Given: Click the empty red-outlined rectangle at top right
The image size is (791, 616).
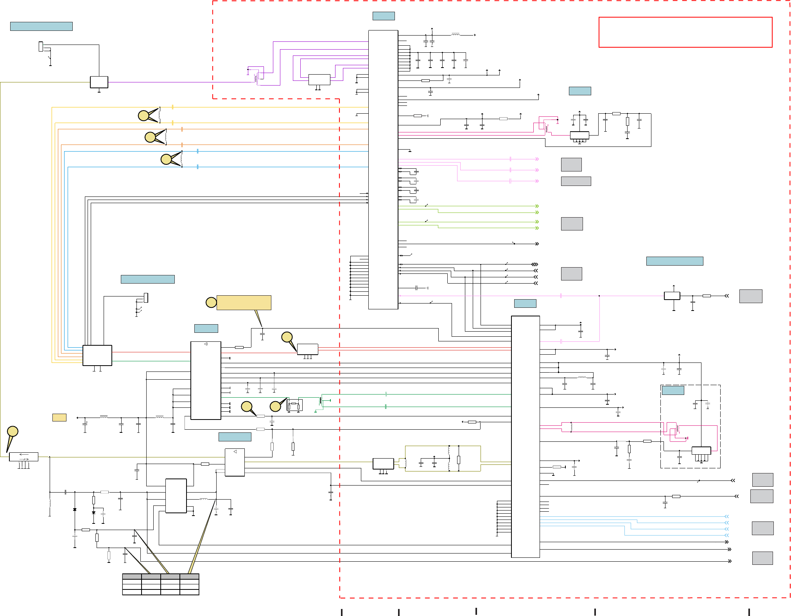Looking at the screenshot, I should (x=685, y=32).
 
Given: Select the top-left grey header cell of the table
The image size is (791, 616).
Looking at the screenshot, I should (x=132, y=576).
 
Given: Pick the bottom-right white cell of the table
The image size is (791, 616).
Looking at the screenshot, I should (x=190, y=592).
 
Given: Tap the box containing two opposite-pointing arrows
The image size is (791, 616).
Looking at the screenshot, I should (x=23, y=456).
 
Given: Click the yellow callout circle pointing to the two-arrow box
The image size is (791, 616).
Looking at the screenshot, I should (x=13, y=431).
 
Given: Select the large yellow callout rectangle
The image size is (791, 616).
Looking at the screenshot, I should (x=244, y=303).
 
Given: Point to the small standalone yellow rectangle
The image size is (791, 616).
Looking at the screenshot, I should (x=59, y=418).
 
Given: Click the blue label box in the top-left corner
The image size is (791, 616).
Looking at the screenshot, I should (x=41, y=26).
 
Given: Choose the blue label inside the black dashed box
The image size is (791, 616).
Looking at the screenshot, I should (x=673, y=390).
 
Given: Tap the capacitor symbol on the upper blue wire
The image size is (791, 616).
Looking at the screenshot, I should (x=198, y=151).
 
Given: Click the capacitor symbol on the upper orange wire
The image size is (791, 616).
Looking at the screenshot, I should (x=182, y=129).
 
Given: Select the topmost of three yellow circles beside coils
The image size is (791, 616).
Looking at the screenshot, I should (x=143, y=116).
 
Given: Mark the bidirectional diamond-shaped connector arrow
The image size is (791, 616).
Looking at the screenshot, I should (x=535, y=264).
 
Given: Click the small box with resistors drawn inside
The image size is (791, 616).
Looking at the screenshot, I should (x=294, y=405).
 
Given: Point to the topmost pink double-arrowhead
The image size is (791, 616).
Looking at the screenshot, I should (x=537, y=159).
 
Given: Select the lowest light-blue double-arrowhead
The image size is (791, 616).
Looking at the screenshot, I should (x=726, y=535).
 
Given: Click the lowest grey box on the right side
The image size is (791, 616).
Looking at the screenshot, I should (x=762, y=558).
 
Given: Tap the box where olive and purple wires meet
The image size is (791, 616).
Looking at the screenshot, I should (x=99, y=82).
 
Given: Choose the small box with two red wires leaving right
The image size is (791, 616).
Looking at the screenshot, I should (x=307, y=349).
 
